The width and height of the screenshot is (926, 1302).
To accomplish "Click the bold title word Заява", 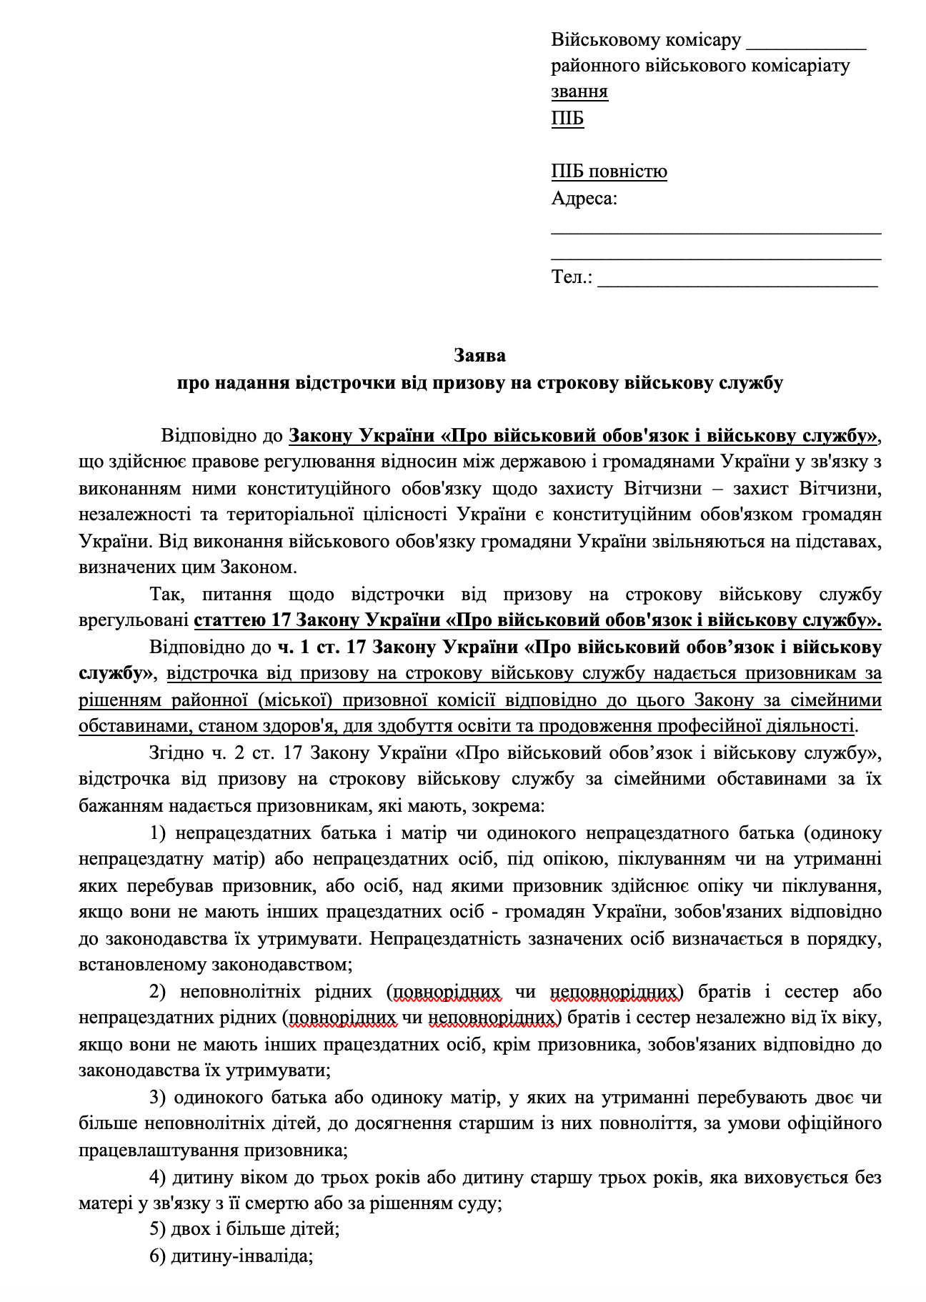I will (480, 355).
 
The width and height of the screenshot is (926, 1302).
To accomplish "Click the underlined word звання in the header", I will (579, 91).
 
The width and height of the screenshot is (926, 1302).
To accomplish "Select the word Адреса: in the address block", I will (584, 198).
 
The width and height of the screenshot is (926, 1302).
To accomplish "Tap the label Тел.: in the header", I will (572, 277).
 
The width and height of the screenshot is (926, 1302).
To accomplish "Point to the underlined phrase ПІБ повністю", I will (609, 172).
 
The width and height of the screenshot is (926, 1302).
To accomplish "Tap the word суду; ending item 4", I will (482, 1203).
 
